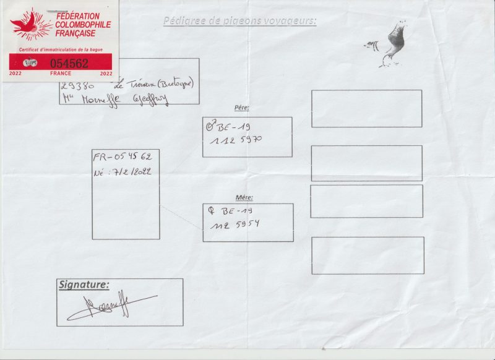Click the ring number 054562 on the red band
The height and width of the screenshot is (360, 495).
pos(69,63)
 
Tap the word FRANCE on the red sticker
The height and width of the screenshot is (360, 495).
pos(61,73)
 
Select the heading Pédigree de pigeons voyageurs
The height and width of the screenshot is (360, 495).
pos(239,21)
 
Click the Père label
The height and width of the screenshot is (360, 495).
pos(241,108)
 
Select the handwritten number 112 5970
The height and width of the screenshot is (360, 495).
pos(236,140)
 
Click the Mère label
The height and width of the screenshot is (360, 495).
pos(244,197)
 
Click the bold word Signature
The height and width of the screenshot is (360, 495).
pos(84,285)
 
